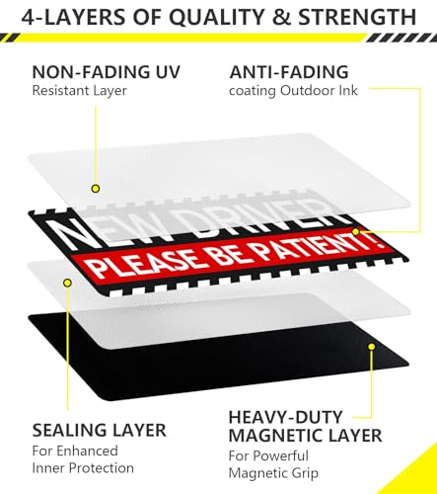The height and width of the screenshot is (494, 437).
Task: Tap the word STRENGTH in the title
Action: coord(357,17)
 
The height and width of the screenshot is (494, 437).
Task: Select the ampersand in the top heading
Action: coord(281,17)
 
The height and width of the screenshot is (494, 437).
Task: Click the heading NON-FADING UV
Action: coord(107,72)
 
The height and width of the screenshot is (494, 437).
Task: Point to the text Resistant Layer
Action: coord(79,91)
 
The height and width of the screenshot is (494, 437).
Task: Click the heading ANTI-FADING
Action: coord(289,72)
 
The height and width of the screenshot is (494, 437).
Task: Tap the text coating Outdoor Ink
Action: coord(293,91)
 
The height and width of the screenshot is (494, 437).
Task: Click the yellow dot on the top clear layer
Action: coord(96,189)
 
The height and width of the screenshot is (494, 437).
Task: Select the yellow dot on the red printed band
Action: coord(355,232)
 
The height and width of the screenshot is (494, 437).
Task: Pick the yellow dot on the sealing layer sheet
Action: coord(68,283)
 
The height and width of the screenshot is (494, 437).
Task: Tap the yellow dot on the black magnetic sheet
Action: coord(372,347)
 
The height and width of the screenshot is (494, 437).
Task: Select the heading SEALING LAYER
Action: coord(99,430)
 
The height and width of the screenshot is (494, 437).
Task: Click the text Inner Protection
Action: coord(83,468)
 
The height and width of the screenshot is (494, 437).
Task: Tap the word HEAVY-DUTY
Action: coord(286,417)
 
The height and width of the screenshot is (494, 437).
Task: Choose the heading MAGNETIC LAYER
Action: coord(305,436)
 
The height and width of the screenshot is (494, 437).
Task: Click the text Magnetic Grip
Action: coord(273,473)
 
